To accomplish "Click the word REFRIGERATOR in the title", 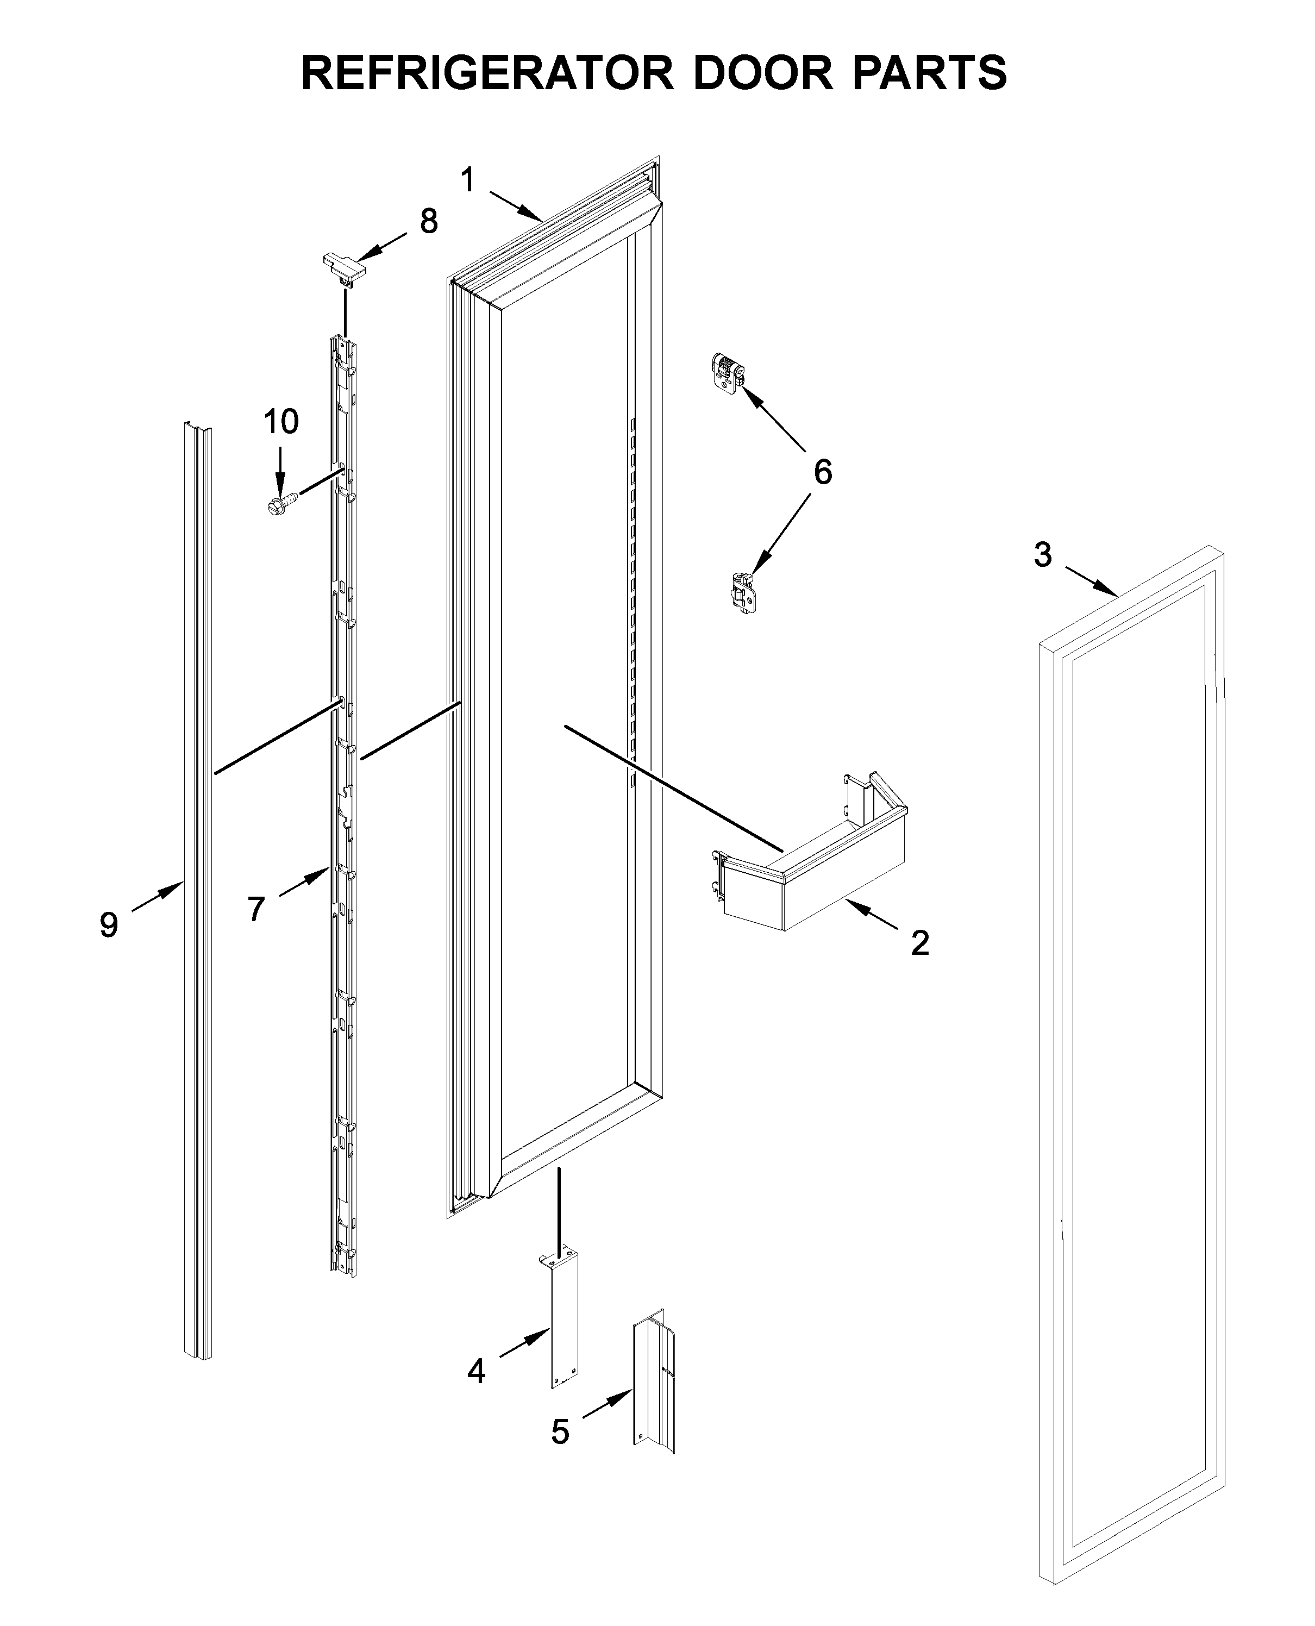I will (x=487, y=73).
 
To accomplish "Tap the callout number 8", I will (x=429, y=222).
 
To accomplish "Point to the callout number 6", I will (x=823, y=472).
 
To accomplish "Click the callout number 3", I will (x=1043, y=555).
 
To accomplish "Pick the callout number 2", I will (x=919, y=943).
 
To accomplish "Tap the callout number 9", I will (x=109, y=925).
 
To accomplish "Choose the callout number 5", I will (x=560, y=1433).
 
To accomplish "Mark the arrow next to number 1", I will (x=517, y=206).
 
